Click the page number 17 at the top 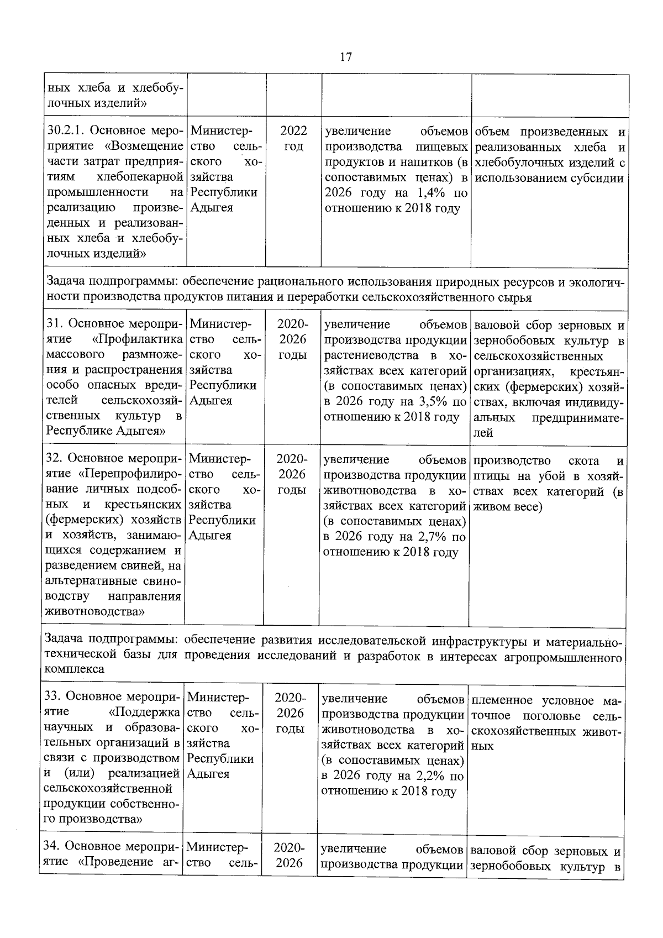tap(346, 57)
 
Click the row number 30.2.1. tap(64, 132)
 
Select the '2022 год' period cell tap(293, 139)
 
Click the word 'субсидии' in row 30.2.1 tap(600, 178)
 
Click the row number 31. tap(54, 324)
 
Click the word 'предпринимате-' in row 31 tap(578, 418)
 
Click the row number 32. tap(54, 459)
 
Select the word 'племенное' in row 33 tap(495, 701)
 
